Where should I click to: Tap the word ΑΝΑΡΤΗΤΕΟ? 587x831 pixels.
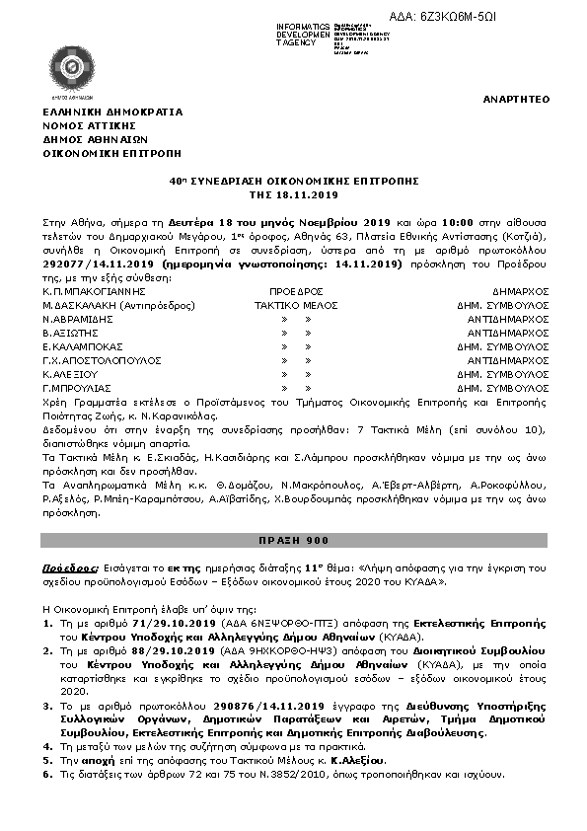pos(517,100)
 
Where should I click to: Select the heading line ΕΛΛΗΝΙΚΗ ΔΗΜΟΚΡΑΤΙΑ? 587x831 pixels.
pos(111,113)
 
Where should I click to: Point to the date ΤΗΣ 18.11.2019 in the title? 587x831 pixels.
pos(294,194)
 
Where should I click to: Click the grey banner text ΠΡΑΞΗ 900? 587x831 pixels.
pos(294,541)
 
